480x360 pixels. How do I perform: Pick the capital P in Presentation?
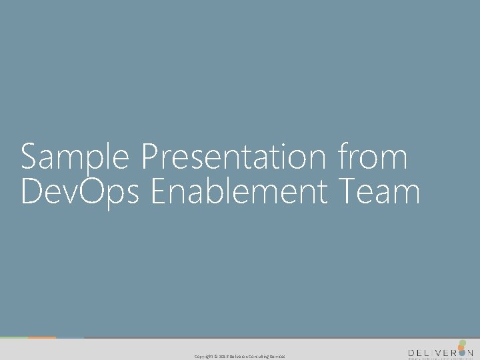(151, 158)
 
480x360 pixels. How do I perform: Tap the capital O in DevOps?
(90, 191)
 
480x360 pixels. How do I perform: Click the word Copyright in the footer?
(203, 357)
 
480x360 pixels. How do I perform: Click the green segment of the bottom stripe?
(13, 338)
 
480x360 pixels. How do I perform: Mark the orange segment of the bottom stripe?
(42, 338)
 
